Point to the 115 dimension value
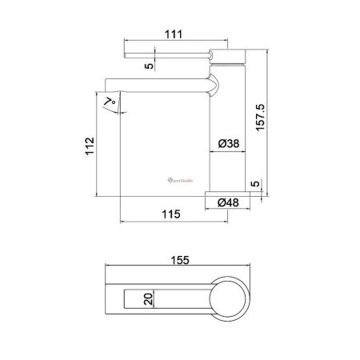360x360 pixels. [x=168, y=214]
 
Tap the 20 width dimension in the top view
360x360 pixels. [x=147, y=300]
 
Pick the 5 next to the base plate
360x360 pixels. [x=254, y=184]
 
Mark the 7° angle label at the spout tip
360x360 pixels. [x=113, y=101]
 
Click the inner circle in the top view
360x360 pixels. [x=230, y=300]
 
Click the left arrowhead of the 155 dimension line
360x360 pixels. [x=110, y=270]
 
